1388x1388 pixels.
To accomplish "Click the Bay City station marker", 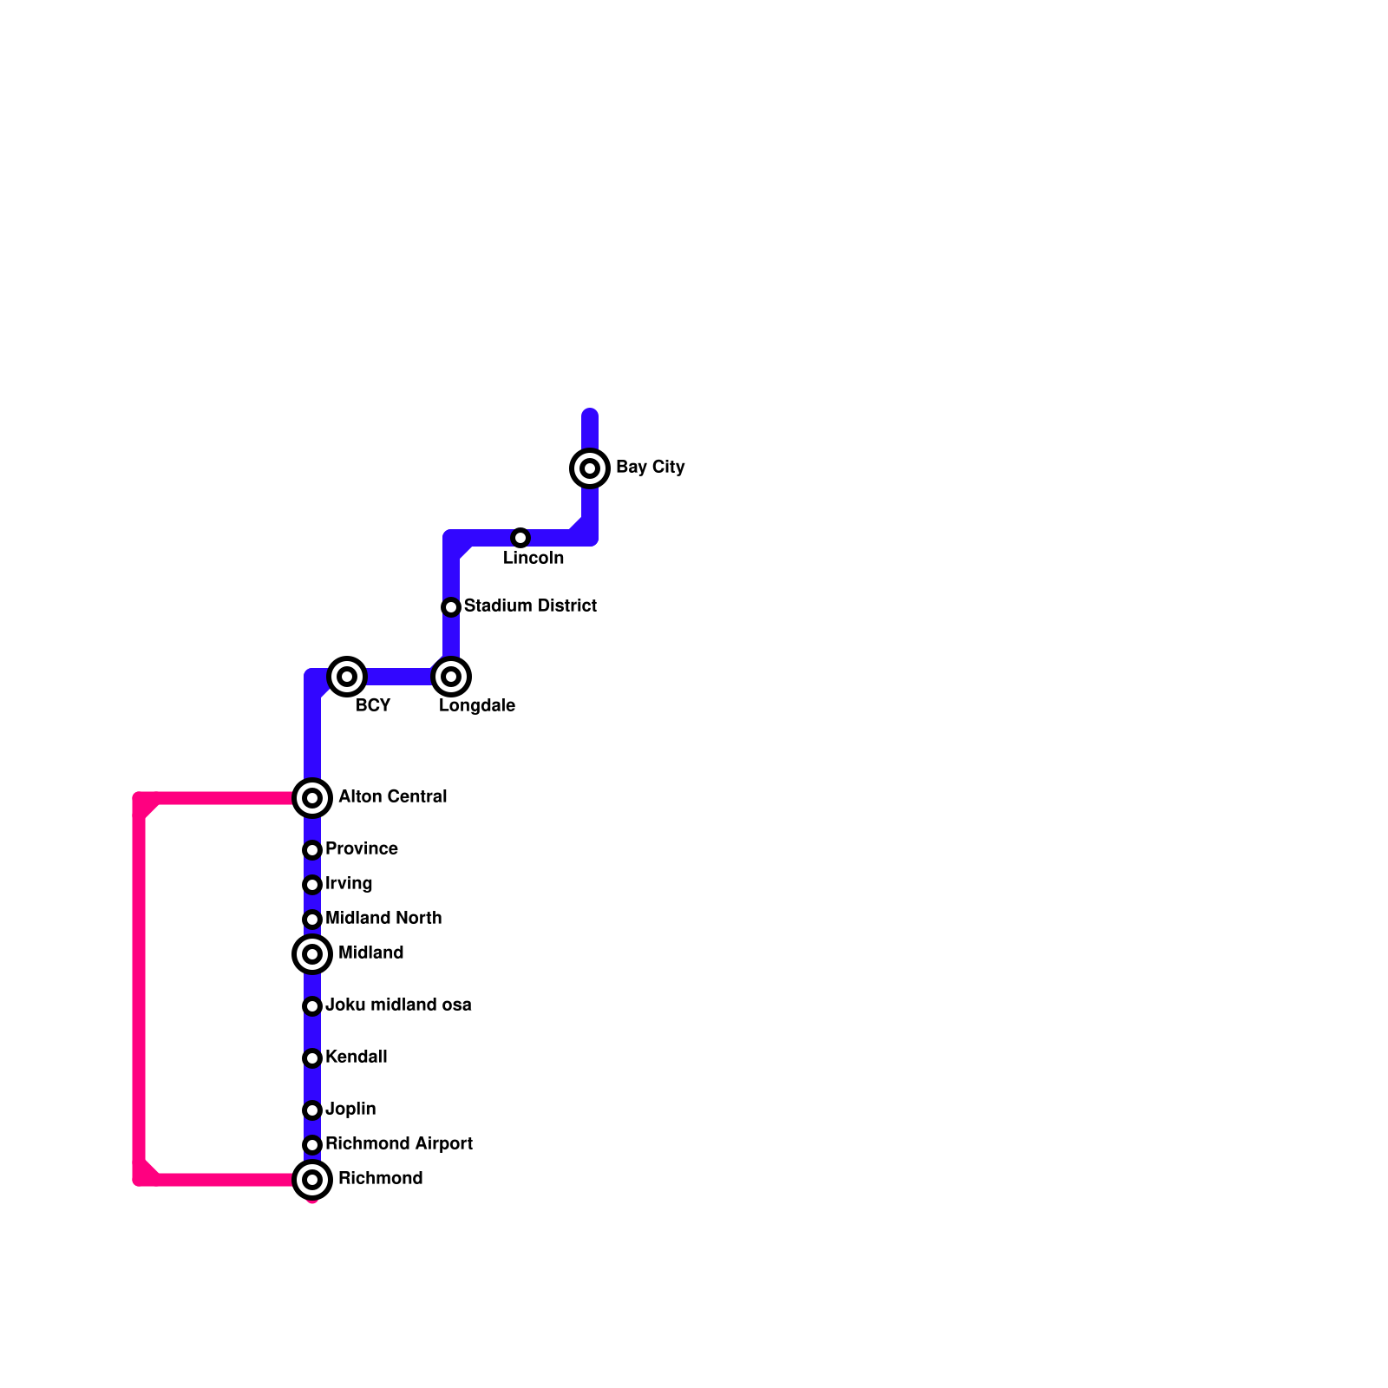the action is (x=590, y=468).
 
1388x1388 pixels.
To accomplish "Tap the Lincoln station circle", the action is (x=520, y=538).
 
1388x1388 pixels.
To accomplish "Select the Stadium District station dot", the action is (x=451, y=607).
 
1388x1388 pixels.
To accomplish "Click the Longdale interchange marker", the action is (x=451, y=677).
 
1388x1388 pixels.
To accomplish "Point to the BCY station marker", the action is (x=347, y=677).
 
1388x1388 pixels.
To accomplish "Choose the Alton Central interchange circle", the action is (x=312, y=798).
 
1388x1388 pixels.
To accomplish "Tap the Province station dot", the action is (x=312, y=850).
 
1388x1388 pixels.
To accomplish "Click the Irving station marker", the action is (x=312, y=885).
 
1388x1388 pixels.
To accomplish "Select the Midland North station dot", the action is (x=312, y=920).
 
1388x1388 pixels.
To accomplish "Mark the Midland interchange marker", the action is (x=312, y=954).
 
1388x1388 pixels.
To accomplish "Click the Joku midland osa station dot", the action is (x=312, y=1006).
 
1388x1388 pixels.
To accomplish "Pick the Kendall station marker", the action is (x=312, y=1058).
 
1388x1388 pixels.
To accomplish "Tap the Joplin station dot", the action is (x=312, y=1110).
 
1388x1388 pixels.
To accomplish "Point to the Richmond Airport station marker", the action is (x=312, y=1145).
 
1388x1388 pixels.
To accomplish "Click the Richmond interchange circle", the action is (x=312, y=1180).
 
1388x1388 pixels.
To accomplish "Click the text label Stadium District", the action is (x=530, y=606).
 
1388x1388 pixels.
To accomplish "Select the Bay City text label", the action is (x=650, y=467).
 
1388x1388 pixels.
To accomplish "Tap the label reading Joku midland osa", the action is (x=398, y=1005).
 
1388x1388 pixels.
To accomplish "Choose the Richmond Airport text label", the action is (x=398, y=1143).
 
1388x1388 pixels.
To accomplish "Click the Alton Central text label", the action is (x=392, y=796).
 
